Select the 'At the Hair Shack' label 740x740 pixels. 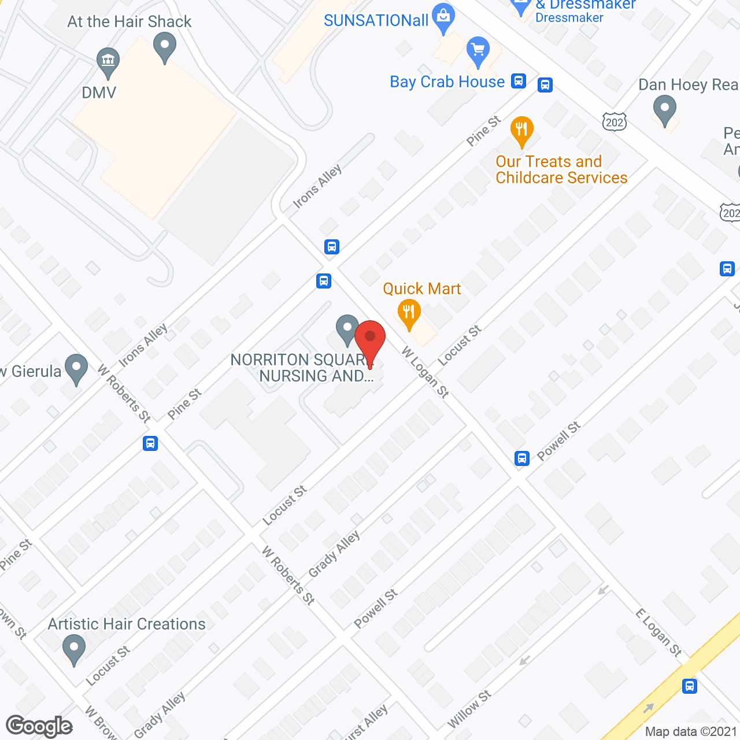[129, 22]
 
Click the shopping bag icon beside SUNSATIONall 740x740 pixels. [443, 17]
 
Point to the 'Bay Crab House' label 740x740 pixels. [447, 82]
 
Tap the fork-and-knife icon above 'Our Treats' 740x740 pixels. [521, 131]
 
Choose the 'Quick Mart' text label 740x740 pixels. [421, 288]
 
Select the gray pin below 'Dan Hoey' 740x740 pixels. [664, 109]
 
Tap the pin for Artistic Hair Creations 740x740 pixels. [73, 648]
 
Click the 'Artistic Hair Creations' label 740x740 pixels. [127, 624]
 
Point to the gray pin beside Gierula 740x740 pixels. [76, 368]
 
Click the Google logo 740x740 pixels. [39, 726]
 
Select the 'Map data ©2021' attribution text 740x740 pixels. [691, 732]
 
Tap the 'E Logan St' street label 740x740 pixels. [658, 632]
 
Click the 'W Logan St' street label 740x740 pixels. [425, 372]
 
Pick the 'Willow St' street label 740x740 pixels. [469, 709]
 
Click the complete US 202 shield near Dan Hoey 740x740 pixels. [614, 122]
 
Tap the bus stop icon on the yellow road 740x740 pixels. [689, 686]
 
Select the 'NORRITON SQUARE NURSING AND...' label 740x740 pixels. [302, 368]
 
